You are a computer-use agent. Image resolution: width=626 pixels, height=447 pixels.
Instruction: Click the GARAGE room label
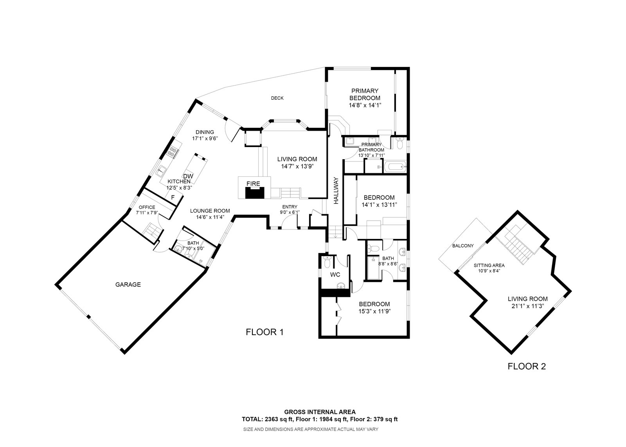(128, 285)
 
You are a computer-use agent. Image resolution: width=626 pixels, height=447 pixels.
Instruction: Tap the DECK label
(277, 98)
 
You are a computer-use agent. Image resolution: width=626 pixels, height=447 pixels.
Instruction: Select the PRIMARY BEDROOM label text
(365, 94)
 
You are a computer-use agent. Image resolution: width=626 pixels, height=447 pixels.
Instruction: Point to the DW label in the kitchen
(188, 176)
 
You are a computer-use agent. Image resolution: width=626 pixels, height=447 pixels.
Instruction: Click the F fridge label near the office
(173, 198)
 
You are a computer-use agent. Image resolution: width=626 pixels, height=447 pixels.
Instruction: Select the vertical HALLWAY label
(336, 191)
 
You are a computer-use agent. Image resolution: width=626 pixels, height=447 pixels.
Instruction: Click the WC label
(335, 275)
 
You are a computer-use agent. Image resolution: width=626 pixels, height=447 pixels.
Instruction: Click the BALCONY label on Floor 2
(463, 246)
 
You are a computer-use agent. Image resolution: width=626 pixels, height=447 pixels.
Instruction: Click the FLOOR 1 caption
(264, 332)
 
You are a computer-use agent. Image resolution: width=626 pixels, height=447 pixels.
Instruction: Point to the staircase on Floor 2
(518, 245)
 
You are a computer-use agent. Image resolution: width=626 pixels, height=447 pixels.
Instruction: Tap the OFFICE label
(145, 207)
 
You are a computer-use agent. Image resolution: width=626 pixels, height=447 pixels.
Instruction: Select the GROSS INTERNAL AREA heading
(319, 412)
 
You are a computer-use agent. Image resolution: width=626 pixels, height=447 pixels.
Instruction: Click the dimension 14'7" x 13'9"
(297, 166)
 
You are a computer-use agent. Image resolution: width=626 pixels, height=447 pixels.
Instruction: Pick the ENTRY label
(290, 207)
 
